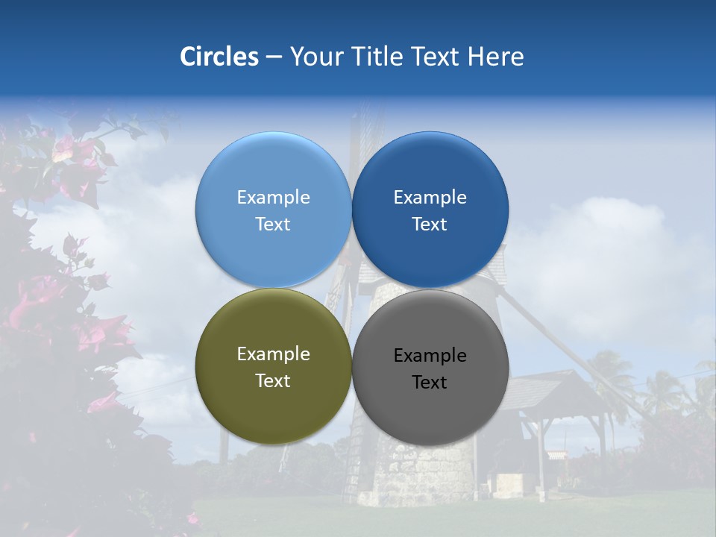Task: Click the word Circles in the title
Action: tap(219, 57)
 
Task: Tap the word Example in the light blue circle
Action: tap(273, 198)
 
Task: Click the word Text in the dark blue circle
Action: tap(430, 224)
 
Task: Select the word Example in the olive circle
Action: tap(273, 354)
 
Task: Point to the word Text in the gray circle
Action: tap(430, 383)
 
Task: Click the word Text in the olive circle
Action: tap(273, 381)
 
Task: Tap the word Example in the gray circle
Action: tap(430, 356)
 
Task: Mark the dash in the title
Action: tap(274, 57)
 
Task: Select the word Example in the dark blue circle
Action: tap(430, 198)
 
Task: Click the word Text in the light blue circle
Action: tap(273, 224)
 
